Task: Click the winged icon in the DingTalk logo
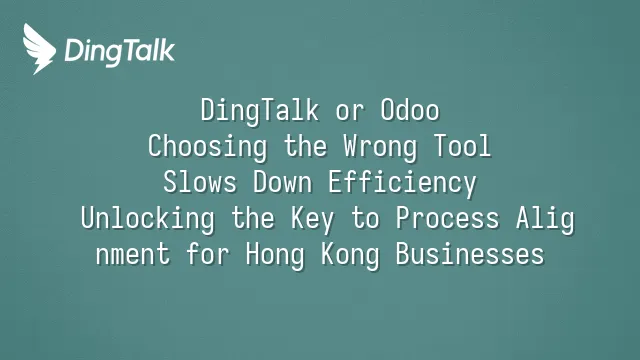click(x=39, y=49)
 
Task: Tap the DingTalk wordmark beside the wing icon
click(x=120, y=52)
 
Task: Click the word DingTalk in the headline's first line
click(x=260, y=111)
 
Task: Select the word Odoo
click(x=410, y=110)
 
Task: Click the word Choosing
click(x=207, y=147)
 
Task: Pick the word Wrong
click(x=380, y=147)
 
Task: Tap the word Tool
click(x=462, y=146)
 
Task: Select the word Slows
click(x=200, y=182)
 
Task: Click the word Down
click(x=283, y=182)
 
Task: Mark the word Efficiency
click(x=402, y=183)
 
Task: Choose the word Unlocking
click(x=148, y=219)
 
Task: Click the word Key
click(x=312, y=220)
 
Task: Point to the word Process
click(x=447, y=218)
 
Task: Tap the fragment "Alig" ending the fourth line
click(x=545, y=219)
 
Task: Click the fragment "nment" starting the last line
click(x=133, y=254)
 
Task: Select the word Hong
click(x=275, y=255)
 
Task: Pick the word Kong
click(x=350, y=255)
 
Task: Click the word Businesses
click(x=470, y=253)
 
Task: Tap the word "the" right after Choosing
click(x=306, y=146)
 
